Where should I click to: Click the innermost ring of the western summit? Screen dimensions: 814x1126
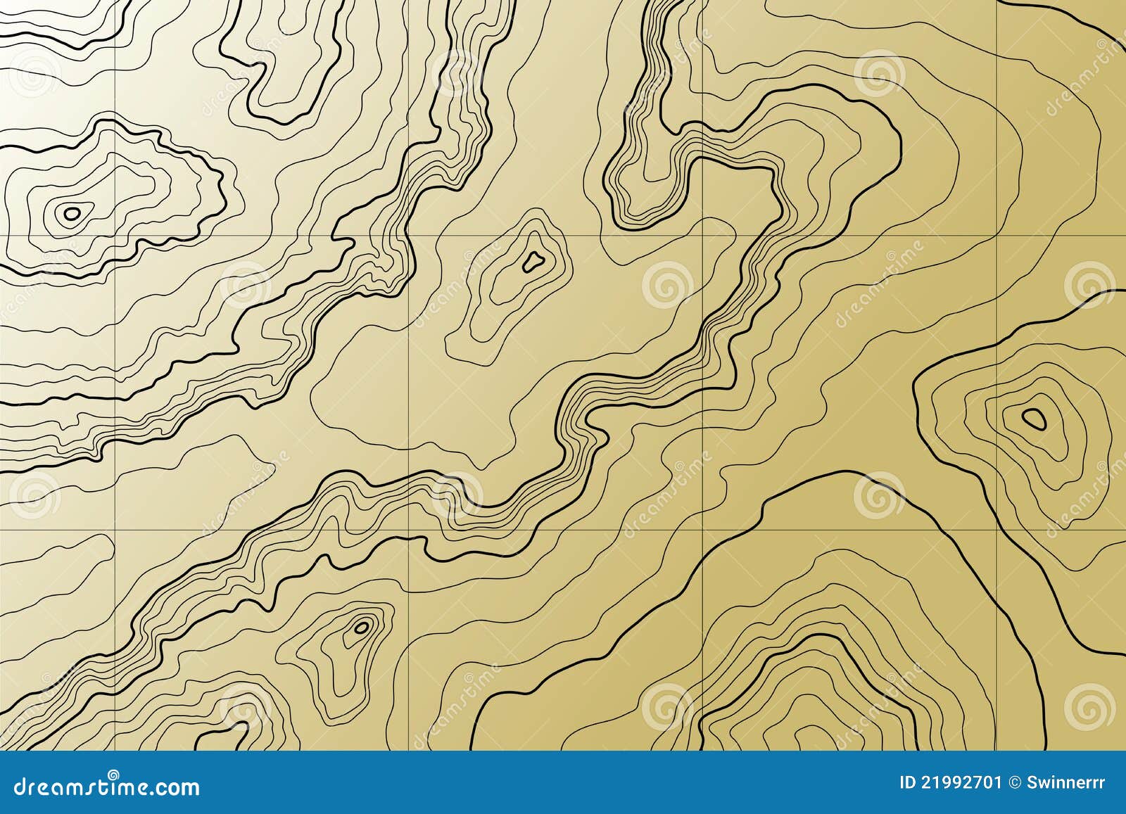tap(71, 212)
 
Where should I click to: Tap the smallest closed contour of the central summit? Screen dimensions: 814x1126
tap(532, 262)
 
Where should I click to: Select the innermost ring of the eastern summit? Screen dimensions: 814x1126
tap(1034, 419)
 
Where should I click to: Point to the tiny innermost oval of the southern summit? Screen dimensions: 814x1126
tap(362, 626)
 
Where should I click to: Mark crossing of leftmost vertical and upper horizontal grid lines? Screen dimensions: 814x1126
tap(115, 235)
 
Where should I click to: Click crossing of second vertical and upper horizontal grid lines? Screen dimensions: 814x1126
tap(409, 235)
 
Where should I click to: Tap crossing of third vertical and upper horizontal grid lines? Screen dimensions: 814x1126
tap(703, 235)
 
